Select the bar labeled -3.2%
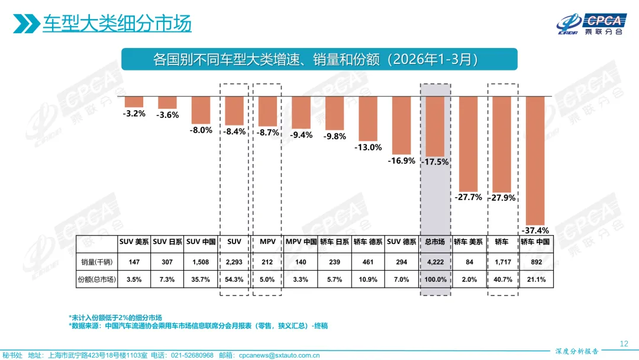tap(134, 101)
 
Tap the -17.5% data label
tap(435, 161)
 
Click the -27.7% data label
tap(468, 197)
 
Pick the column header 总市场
tap(435, 242)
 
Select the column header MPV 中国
tap(301, 242)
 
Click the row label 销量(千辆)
tap(96, 261)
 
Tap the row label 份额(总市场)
tap(96, 279)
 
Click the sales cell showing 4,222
tap(435, 261)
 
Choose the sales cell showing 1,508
tap(202, 261)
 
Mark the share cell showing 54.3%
tap(234, 279)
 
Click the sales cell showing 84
tap(468, 261)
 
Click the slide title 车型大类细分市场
tap(117, 24)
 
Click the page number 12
tap(623, 343)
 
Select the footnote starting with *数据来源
tap(198, 326)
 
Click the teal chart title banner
tap(319, 60)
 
